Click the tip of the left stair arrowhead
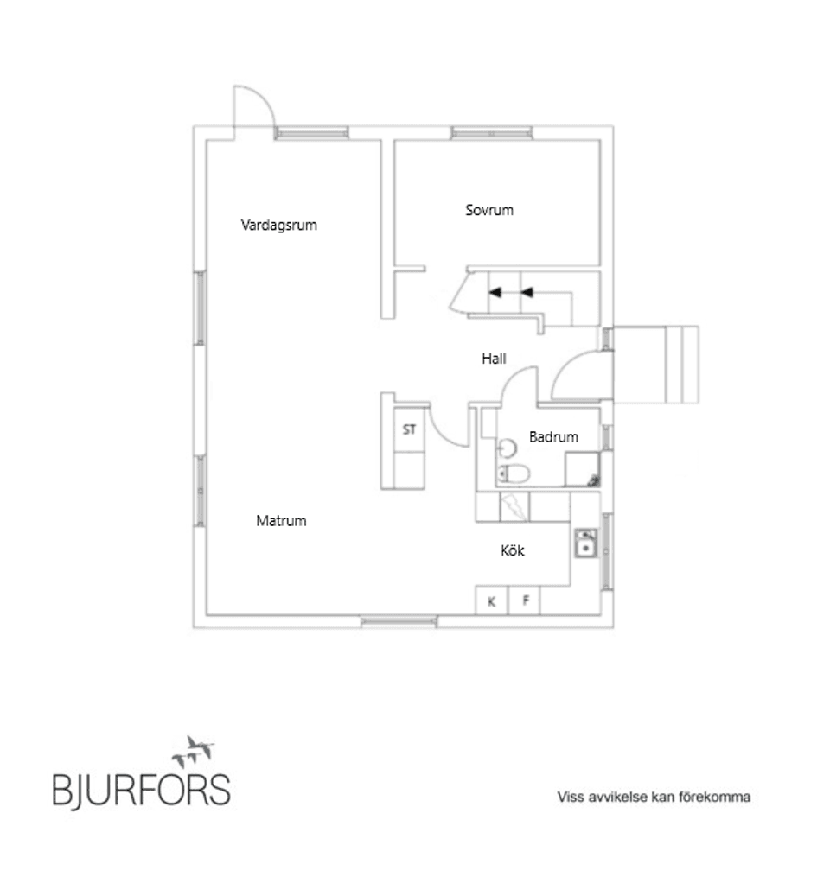489,293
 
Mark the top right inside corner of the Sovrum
600,141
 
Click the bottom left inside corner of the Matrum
207,615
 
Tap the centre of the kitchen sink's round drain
585,548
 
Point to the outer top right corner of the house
613,125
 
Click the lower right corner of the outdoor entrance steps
699,403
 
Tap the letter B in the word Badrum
533,437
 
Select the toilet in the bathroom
514,473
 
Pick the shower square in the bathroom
583,469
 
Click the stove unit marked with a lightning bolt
514,507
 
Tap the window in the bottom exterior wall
399,621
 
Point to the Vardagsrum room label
279,226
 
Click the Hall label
494,359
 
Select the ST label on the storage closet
409,429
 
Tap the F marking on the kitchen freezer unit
526,601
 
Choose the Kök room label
512,550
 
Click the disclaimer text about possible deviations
654,797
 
